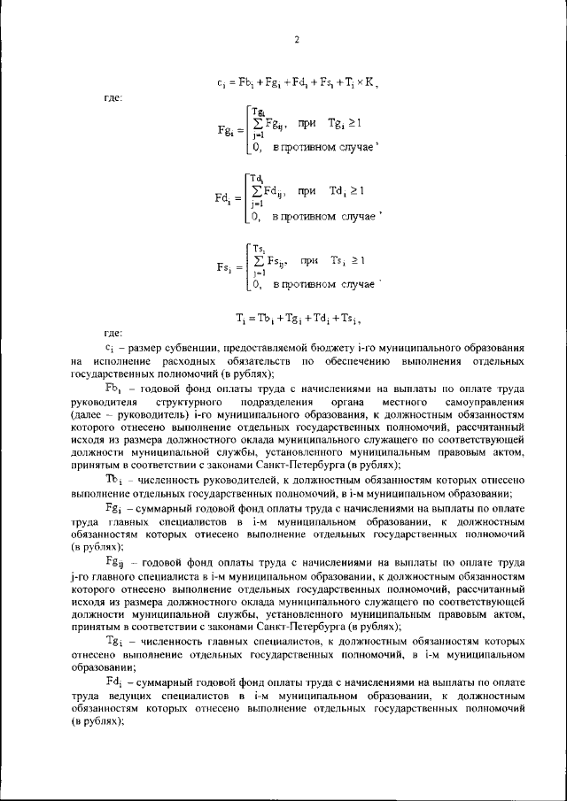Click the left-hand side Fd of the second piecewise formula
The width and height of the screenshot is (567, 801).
click(223, 197)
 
